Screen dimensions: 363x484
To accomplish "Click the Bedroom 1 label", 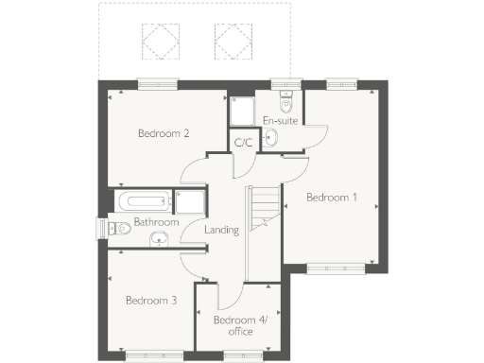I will tap(332, 198).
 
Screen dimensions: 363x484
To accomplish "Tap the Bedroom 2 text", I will tap(164, 133).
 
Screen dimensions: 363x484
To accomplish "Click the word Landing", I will tap(221, 230).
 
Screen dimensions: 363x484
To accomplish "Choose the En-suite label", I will tap(281, 120).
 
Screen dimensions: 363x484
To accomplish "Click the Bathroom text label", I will tap(156, 222).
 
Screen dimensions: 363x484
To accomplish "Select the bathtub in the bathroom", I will tap(143, 200).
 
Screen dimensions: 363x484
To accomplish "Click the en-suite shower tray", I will tap(242, 112).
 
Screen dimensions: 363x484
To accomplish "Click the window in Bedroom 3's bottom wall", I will tap(149, 354).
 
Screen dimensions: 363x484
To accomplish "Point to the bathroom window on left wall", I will tap(101, 228).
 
